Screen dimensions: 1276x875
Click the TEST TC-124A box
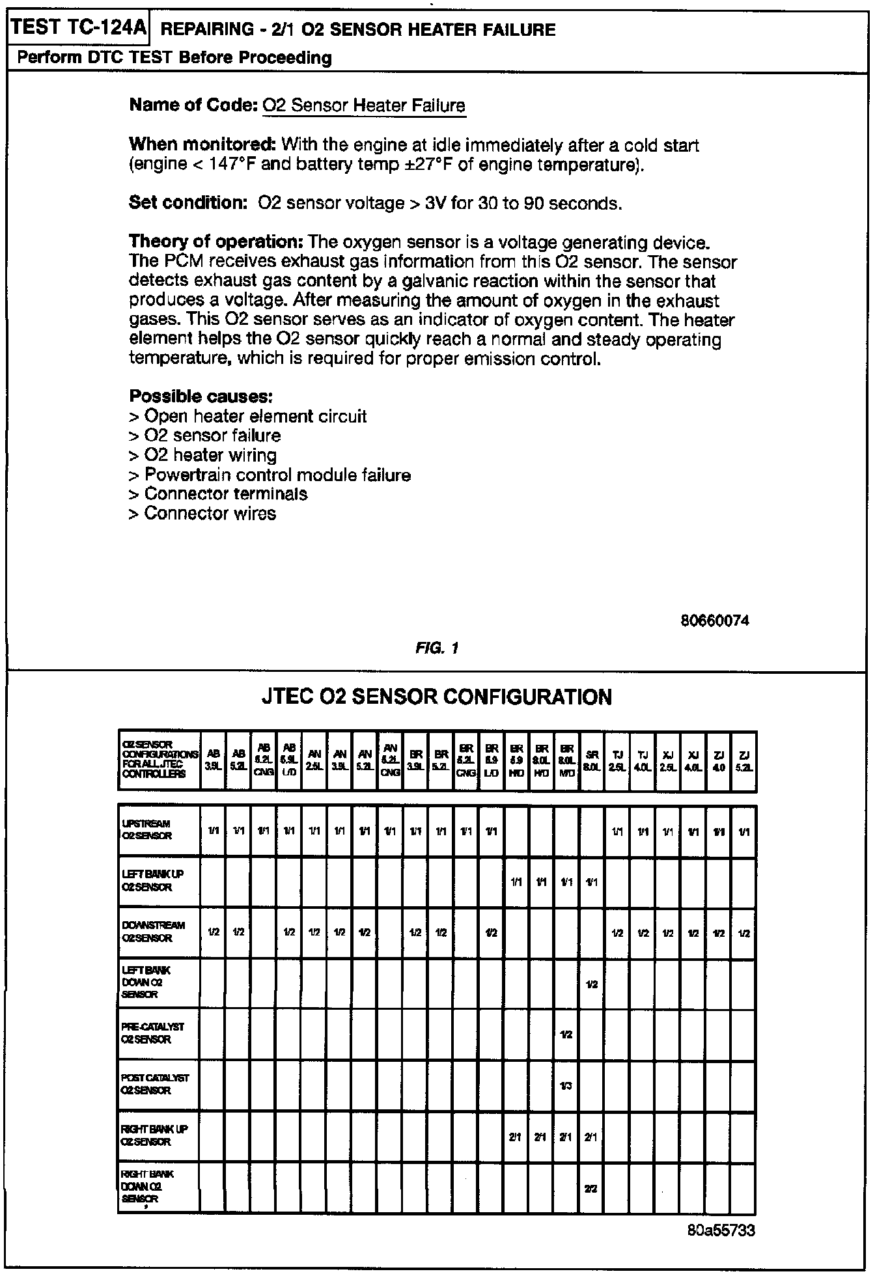[x=79, y=28]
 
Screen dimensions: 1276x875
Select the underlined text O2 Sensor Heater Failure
[x=364, y=105]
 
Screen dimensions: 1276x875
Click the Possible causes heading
[x=201, y=396]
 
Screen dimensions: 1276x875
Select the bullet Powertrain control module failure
[x=277, y=475]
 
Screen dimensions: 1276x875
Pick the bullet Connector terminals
[x=225, y=494]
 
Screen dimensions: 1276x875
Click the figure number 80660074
[x=714, y=620]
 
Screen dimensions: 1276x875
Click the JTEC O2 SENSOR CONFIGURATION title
[x=436, y=697]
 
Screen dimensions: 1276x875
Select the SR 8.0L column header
[x=592, y=760]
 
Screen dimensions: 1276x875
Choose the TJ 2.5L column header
[x=617, y=760]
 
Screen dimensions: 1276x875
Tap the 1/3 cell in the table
[x=566, y=1086]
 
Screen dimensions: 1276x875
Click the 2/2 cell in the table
[x=591, y=1188]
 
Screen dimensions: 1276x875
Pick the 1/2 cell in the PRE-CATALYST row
[x=566, y=1034]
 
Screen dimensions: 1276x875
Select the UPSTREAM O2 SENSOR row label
[x=148, y=830]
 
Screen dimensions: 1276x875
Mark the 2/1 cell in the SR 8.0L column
[x=591, y=1137]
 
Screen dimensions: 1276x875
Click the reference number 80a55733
[x=720, y=1230]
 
